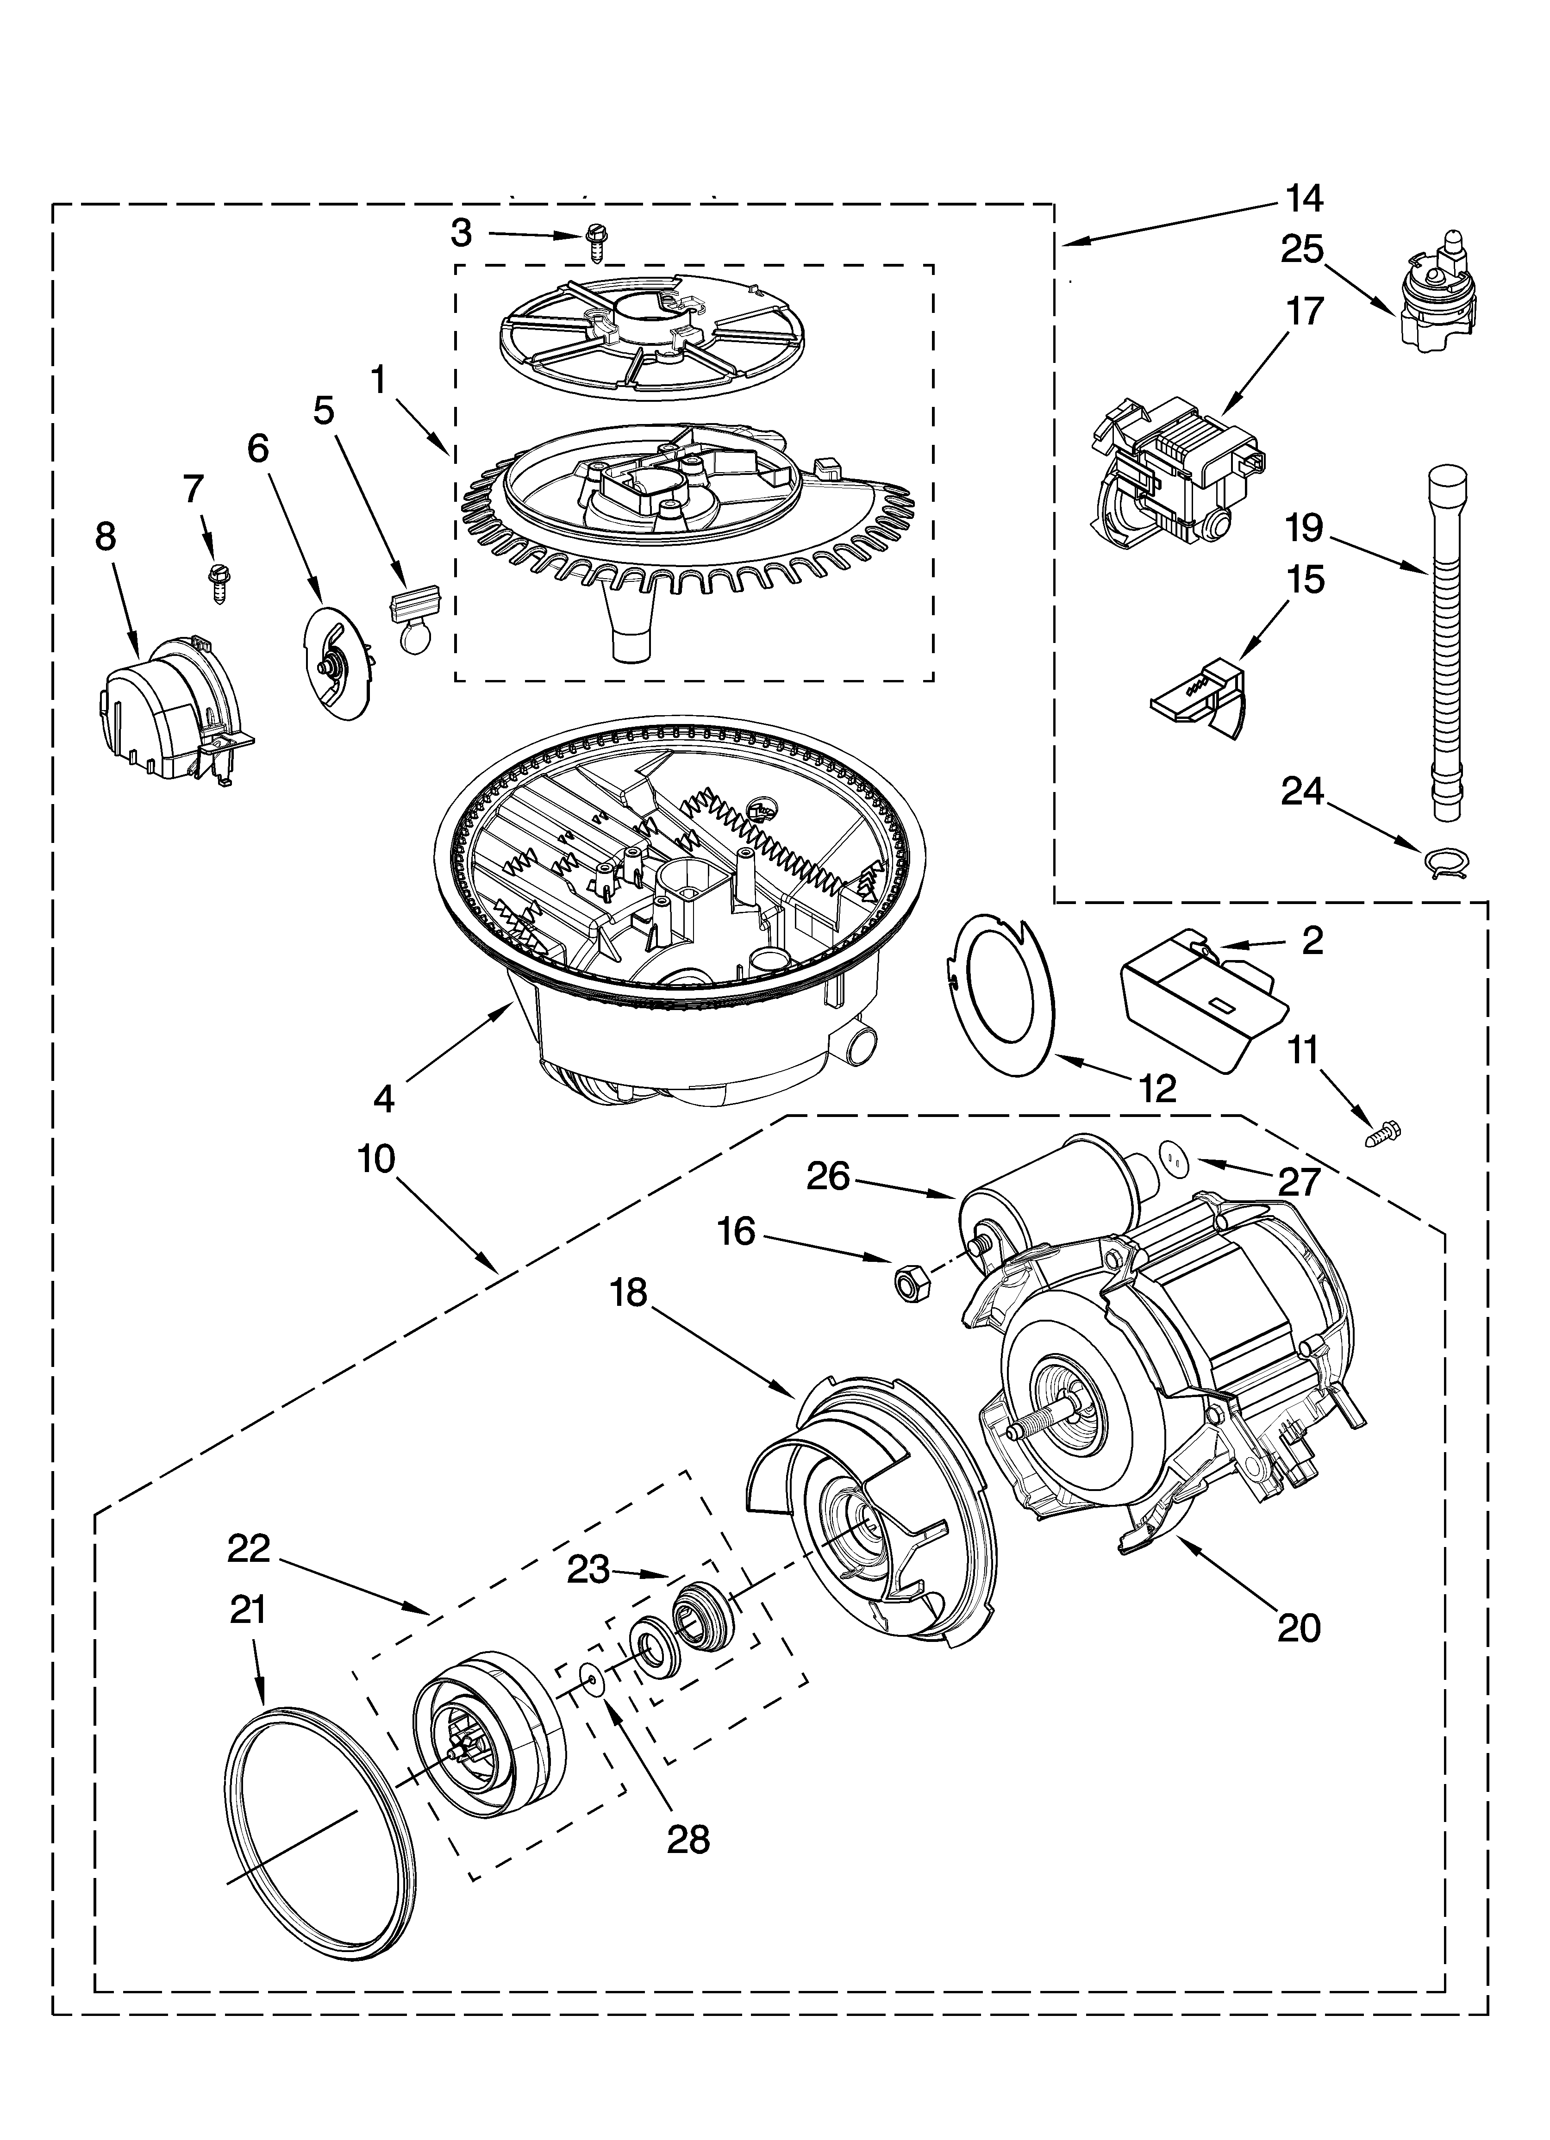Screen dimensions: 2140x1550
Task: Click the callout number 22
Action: [248, 1548]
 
